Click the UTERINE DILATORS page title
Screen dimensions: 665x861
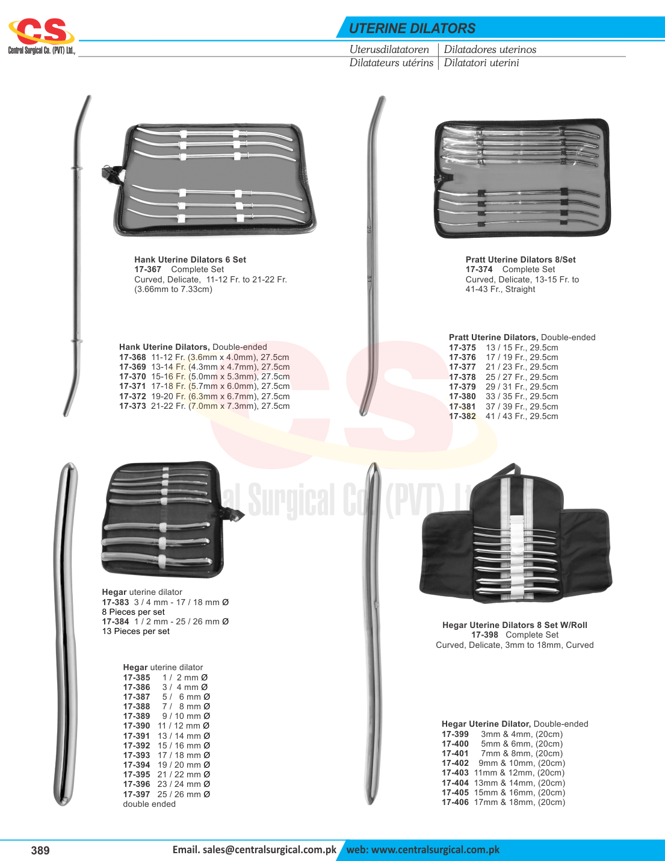coord(412,28)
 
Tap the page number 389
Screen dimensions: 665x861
coord(40,850)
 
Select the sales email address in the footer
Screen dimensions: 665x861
coord(255,850)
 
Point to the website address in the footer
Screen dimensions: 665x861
coord(423,850)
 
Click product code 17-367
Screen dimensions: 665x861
coord(147,269)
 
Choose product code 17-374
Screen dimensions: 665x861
coord(479,269)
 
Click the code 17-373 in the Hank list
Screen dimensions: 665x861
coord(132,406)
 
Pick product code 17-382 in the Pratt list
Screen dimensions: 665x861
coord(462,417)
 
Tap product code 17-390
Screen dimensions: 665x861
coord(137,726)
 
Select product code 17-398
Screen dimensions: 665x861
coord(484,635)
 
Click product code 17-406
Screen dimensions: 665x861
coord(455,803)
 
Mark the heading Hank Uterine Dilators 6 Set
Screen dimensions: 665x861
coord(190,260)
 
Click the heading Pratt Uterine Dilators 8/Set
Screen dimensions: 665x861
coord(521,260)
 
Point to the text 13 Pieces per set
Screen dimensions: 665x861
coord(136,631)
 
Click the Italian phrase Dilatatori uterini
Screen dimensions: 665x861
coord(481,63)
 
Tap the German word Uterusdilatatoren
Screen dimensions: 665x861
coord(389,49)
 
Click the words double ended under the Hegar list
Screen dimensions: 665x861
coord(149,804)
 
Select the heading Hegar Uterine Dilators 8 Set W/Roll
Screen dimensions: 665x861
coord(515,625)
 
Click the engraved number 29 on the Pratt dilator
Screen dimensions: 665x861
coord(369,229)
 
